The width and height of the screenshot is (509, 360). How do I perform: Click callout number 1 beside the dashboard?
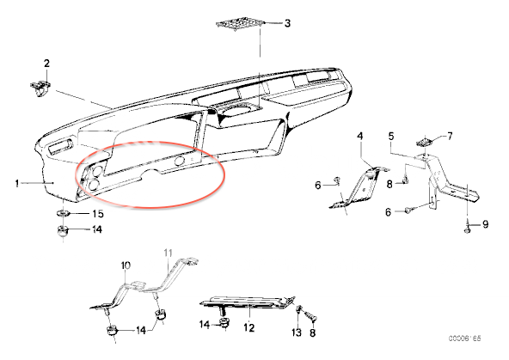pos(17,184)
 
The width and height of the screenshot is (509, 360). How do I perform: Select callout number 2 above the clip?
pos(46,64)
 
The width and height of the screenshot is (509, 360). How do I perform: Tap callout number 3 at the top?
pos(287,23)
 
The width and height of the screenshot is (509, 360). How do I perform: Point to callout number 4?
pos(360,136)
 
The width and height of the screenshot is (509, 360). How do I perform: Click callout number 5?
pos(391,136)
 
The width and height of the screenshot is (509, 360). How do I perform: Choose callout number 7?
pos(450,137)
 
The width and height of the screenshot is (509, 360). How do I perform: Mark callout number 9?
pos(485,224)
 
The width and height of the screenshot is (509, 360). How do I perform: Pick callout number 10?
pos(126,265)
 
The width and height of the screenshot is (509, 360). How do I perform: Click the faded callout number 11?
pos(169,253)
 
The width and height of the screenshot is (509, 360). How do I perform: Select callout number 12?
pos(249,327)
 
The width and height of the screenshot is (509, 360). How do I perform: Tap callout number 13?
pos(297,333)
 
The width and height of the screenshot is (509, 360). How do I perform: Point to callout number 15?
pos(98,214)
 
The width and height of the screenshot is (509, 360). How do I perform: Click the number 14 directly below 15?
pos(97,229)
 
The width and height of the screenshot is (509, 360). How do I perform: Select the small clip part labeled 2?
pos(41,88)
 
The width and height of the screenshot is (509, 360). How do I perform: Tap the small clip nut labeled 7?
pos(424,142)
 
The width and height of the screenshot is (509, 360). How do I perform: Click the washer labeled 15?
pos(63,213)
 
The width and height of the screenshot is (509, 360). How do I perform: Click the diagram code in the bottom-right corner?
pos(465,339)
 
